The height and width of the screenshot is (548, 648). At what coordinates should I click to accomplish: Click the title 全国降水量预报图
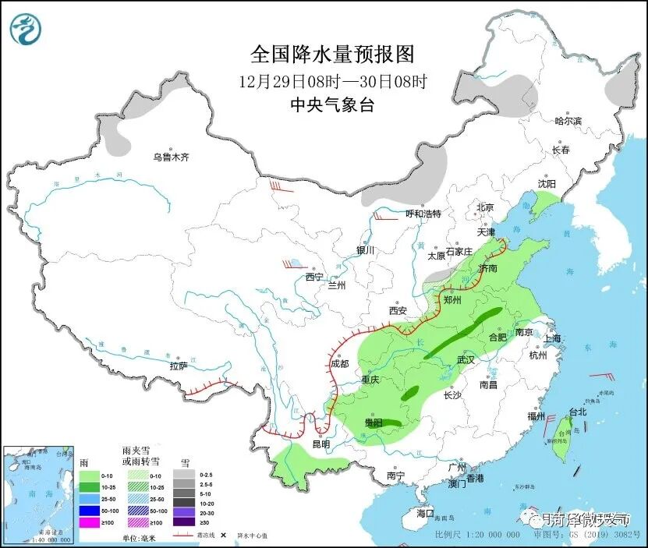point(331,54)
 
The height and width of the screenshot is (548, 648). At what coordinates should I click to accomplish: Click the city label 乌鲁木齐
point(171,157)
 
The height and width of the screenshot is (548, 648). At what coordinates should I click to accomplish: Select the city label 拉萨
point(179,366)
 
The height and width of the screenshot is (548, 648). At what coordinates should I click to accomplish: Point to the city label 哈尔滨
point(568,121)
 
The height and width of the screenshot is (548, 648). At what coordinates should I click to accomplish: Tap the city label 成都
point(339,362)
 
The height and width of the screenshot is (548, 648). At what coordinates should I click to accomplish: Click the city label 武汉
point(466,359)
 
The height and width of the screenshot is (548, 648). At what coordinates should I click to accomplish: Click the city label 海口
point(424,513)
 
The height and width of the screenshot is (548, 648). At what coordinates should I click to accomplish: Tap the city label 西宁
point(313,277)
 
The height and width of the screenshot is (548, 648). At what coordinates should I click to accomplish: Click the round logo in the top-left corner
point(27,30)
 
